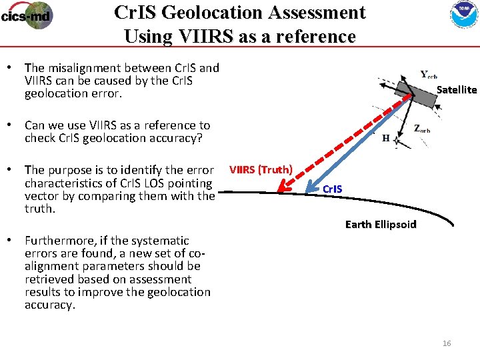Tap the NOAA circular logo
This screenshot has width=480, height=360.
(459, 15)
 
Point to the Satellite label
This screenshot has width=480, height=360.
(457, 89)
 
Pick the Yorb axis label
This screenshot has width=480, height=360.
(429, 74)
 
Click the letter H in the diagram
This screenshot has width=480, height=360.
(386, 139)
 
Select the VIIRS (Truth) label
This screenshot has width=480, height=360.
(261, 169)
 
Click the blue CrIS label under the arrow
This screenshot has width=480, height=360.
(332, 189)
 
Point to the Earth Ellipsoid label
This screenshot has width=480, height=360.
(381, 224)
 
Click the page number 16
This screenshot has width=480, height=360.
(447, 343)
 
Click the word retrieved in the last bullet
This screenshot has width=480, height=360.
(48, 279)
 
